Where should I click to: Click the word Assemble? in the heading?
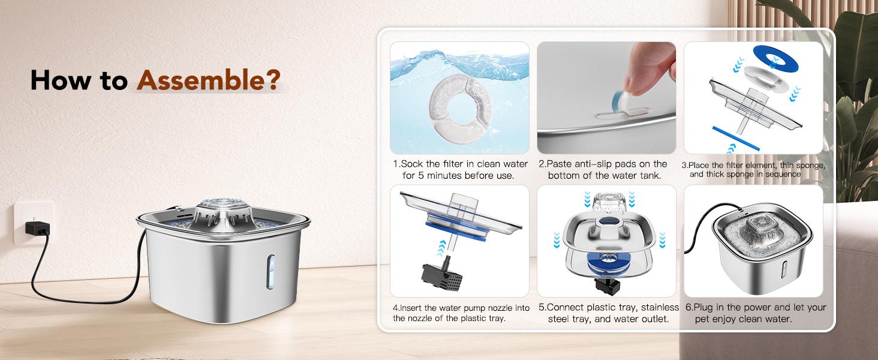[x=209, y=80]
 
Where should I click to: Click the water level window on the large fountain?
[x=270, y=272]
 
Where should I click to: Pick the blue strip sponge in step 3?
[x=736, y=138]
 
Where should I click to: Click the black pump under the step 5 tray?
[x=607, y=285]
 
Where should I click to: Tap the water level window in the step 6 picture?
[x=784, y=270]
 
